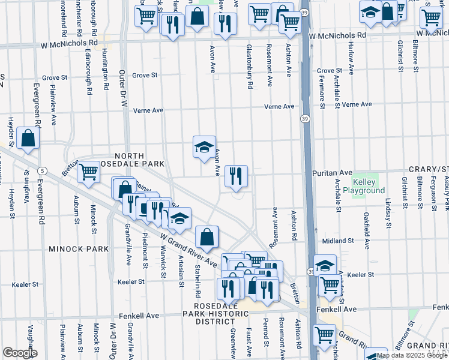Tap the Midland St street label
(x=337, y=241)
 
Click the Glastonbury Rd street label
(x=249, y=66)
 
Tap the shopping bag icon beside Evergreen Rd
(x=28, y=138)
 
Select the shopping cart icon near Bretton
(x=88, y=172)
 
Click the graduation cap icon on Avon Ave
(x=204, y=146)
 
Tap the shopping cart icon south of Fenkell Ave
(x=325, y=334)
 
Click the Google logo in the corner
(x=20, y=353)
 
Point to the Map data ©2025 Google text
(x=412, y=355)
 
